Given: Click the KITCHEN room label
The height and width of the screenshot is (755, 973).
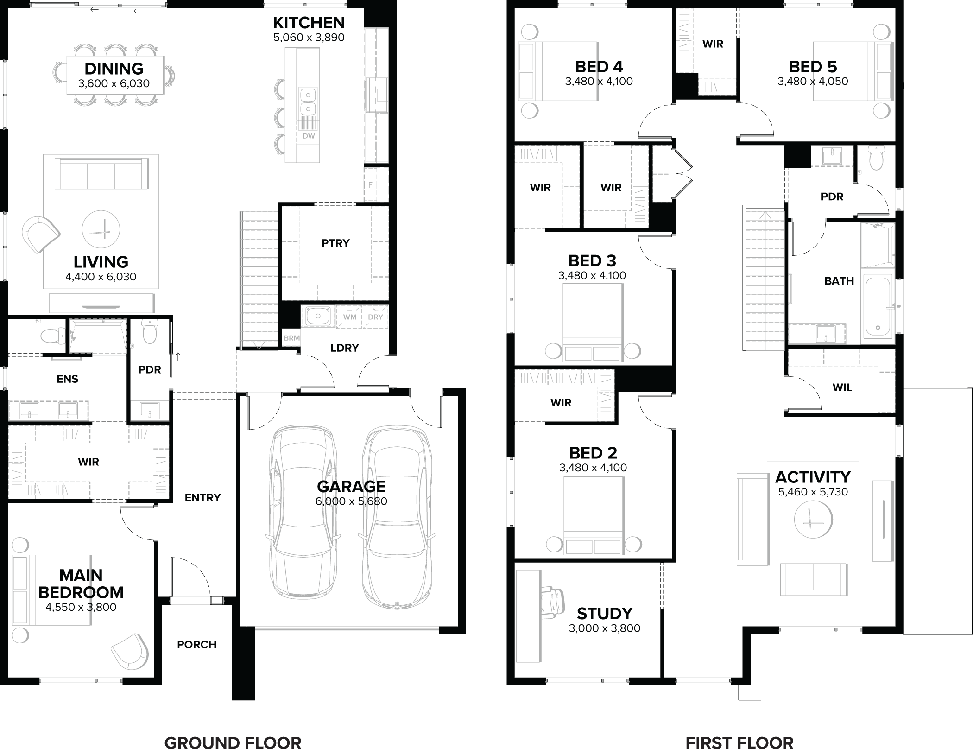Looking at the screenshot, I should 309,22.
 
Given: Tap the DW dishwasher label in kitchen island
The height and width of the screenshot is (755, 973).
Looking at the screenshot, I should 309,136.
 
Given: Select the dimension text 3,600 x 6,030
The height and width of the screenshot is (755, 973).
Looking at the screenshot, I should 114,84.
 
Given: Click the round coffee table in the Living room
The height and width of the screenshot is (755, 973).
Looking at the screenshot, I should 101,229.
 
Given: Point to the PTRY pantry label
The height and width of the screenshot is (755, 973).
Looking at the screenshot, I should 335,243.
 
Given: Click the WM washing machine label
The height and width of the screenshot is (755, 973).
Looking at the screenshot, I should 350,317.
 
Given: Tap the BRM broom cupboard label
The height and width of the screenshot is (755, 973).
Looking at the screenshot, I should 291,338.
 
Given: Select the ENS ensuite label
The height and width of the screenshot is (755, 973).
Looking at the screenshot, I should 67,379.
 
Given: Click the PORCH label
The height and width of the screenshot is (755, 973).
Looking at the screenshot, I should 196,645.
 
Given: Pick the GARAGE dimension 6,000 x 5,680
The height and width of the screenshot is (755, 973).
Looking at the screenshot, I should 351,501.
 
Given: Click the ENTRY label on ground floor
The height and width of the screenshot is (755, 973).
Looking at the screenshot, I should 202,498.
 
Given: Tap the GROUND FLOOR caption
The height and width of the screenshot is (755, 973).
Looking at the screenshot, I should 233,743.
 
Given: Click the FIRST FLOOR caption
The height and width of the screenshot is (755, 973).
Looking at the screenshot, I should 739,743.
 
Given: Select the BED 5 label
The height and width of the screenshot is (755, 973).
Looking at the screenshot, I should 813,67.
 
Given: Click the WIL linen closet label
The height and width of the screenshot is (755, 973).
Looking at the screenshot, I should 842,388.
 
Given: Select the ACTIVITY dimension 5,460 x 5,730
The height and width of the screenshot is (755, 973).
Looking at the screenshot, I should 813,492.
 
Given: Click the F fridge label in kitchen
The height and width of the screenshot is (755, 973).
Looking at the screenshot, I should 370,184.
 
